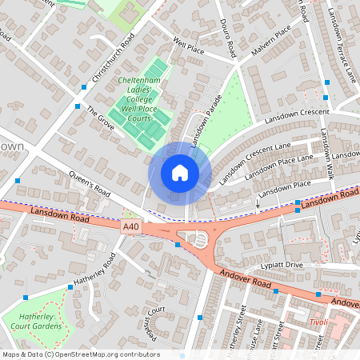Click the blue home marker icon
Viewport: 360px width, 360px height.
click(180, 172)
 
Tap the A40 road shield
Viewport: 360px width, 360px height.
click(131, 229)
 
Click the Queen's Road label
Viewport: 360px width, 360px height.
click(90, 188)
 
